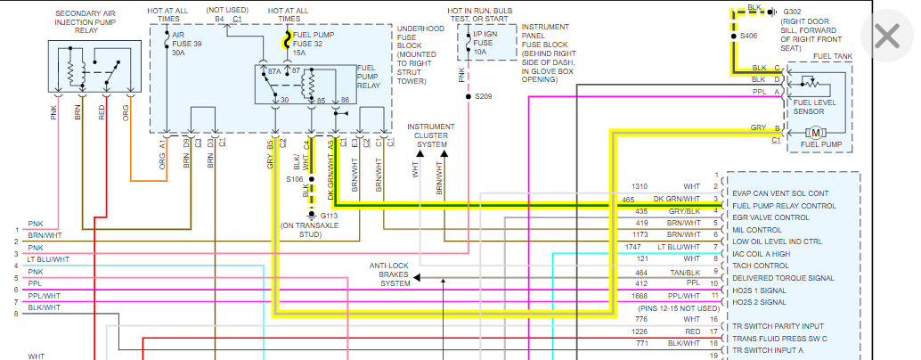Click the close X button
887,36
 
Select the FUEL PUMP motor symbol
815,132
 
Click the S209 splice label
484,96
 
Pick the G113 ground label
328,215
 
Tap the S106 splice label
295,179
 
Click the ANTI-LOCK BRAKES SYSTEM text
389,275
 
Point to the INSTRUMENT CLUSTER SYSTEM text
430,135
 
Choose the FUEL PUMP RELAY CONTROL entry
784,205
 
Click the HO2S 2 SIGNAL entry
760,302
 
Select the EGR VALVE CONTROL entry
770,217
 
